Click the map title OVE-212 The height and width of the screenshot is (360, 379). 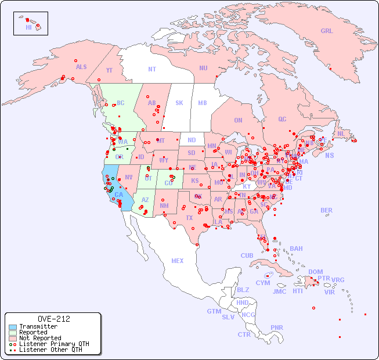(x=53, y=319)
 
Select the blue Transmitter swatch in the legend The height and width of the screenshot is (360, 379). (x=13, y=327)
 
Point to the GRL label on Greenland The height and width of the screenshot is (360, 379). (x=327, y=31)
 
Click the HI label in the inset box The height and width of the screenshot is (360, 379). (x=28, y=27)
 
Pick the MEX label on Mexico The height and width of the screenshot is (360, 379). (x=177, y=261)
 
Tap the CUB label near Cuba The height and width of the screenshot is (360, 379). (x=247, y=255)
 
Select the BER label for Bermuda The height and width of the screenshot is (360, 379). (x=326, y=210)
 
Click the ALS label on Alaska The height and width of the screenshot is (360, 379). (x=81, y=67)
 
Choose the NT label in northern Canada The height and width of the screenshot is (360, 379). (x=151, y=69)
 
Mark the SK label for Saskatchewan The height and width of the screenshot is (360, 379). (x=179, y=103)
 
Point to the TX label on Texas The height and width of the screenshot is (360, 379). (x=189, y=218)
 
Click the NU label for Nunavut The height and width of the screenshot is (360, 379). (x=203, y=68)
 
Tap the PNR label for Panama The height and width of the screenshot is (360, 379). (x=277, y=327)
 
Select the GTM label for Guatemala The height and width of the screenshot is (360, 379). (x=214, y=311)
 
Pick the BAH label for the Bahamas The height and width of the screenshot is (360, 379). (x=296, y=249)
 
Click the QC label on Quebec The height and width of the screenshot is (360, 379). (x=282, y=119)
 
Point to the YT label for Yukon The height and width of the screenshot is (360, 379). (x=109, y=70)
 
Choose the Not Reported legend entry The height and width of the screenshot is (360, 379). (x=40, y=338)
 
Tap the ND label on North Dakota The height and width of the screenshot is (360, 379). (x=192, y=140)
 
